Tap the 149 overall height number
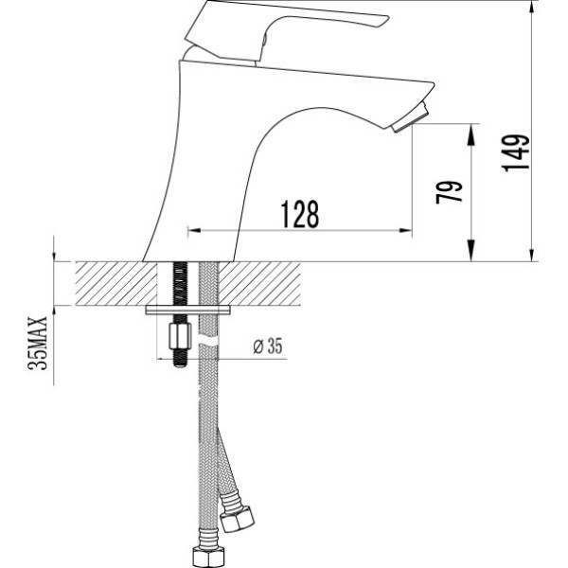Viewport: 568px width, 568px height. (x=516, y=152)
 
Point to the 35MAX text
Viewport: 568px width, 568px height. (x=39, y=343)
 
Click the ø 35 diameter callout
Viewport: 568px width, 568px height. (x=268, y=346)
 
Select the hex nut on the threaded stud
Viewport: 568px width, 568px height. (x=180, y=336)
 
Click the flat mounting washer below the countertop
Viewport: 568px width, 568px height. (x=189, y=310)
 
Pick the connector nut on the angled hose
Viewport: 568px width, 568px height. (x=235, y=521)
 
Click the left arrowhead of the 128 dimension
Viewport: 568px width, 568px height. (x=193, y=230)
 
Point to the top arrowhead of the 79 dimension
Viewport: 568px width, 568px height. (x=471, y=129)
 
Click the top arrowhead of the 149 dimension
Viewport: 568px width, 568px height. (x=533, y=7)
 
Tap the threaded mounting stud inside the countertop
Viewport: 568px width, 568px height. (x=179, y=284)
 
